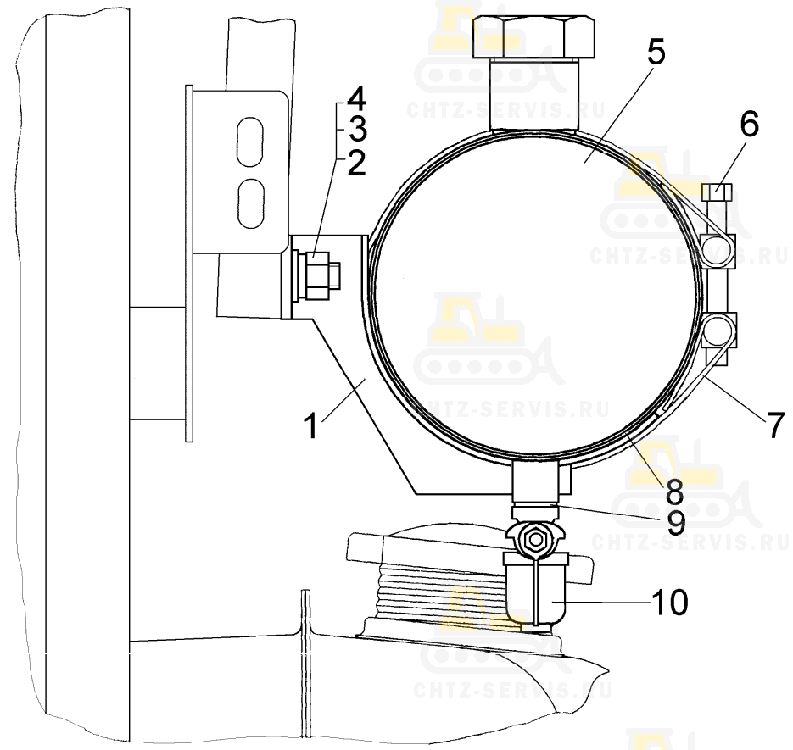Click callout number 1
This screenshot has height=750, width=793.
click(312, 425)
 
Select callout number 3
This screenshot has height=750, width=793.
click(357, 130)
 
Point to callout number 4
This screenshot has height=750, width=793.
click(356, 99)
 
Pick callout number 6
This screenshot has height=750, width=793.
click(750, 124)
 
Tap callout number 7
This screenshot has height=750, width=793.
click(776, 425)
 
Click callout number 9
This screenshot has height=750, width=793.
click(676, 523)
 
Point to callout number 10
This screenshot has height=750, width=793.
click(670, 602)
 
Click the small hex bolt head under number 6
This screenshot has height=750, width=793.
click(718, 192)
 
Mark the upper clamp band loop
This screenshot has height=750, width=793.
click(718, 251)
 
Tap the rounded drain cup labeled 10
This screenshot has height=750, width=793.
click(536, 592)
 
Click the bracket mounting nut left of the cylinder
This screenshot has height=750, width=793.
click(316, 276)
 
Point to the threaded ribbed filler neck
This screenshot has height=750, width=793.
click(443, 591)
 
